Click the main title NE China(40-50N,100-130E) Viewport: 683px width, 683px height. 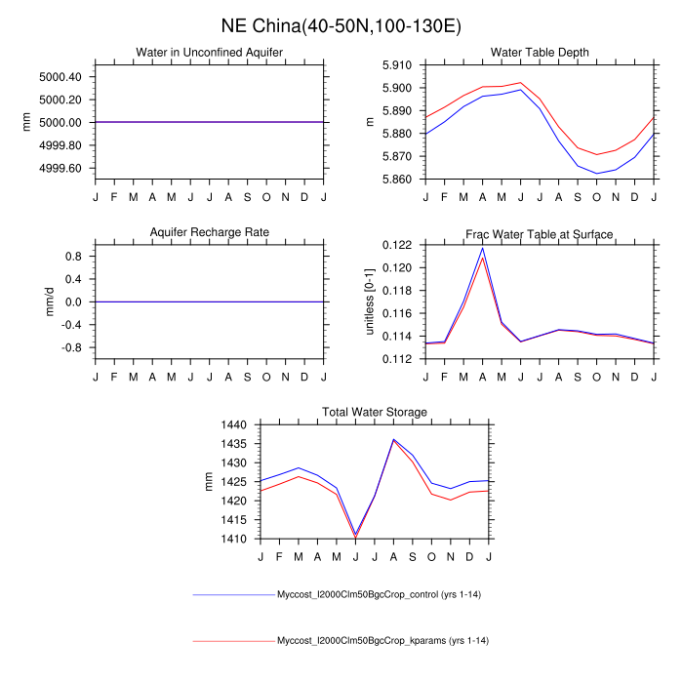pos(341,23)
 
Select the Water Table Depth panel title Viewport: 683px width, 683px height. pos(539,52)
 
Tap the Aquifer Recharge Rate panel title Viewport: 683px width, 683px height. pos(210,232)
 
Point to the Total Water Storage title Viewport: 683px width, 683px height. pos(375,413)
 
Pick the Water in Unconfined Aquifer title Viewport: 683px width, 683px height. pos(210,52)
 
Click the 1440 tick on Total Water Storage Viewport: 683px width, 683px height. pos(234,425)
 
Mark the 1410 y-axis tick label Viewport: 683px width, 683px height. pos(234,539)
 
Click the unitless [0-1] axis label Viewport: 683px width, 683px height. pos(371,301)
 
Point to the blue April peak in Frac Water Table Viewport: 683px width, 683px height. pos(482,248)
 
